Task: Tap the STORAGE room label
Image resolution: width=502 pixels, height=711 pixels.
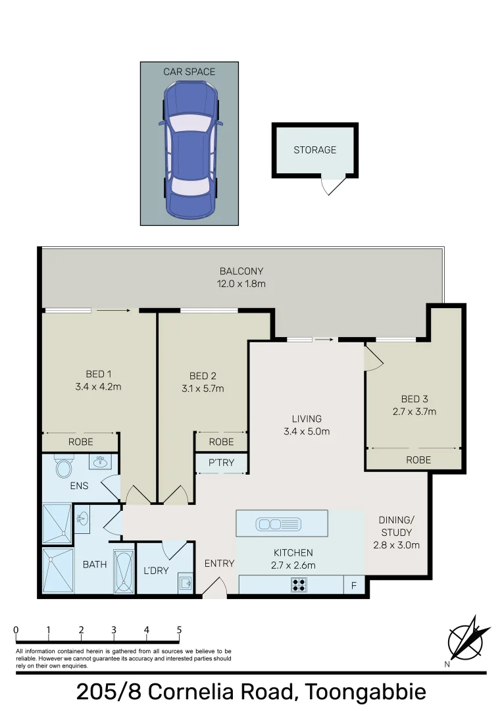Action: click(x=314, y=150)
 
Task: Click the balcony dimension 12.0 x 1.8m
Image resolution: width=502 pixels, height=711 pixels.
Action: click(x=241, y=284)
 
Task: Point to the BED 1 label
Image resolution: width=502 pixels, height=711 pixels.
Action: click(x=98, y=375)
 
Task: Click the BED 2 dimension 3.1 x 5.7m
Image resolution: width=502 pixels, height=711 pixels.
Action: click(x=203, y=388)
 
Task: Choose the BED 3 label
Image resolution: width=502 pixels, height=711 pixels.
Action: click(x=414, y=399)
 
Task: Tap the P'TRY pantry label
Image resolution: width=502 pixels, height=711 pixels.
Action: click(x=221, y=463)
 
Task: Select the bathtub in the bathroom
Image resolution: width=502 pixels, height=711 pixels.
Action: click(x=123, y=569)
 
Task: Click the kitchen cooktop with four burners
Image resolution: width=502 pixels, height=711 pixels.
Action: click(x=299, y=584)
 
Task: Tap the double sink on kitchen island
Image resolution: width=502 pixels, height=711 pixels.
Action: click(x=279, y=524)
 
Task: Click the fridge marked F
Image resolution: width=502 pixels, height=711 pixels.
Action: click(x=354, y=585)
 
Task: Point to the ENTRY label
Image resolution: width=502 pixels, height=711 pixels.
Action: click(x=219, y=564)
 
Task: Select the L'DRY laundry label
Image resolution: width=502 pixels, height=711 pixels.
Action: click(x=156, y=571)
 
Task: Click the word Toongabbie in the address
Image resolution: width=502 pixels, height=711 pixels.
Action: click(x=364, y=693)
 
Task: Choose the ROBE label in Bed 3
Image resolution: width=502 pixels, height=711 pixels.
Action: click(x=418, y=460)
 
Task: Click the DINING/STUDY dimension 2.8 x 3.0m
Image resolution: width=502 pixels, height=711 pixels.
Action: click(x=396, y=545)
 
